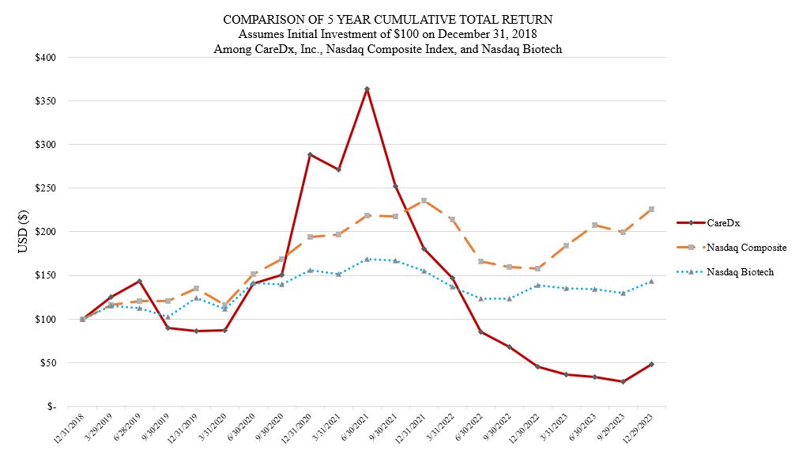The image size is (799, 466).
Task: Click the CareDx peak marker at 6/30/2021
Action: tap(367, 89)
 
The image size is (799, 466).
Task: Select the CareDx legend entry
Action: tap(723, 223)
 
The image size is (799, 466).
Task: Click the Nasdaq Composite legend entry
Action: tap(747, 248)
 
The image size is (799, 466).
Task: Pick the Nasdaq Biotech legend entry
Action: tap(741, 271)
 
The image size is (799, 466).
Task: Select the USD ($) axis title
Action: tap(23, 231)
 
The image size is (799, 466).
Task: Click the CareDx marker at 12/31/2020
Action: tap(310, 154)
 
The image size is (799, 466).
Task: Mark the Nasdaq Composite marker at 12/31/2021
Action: tap(424, 200)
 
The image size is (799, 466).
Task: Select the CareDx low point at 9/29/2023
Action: tap(623, 381)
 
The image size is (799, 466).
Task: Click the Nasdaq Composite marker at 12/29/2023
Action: tap(651, 209)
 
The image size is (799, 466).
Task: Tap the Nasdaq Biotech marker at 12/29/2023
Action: tap(651, 281)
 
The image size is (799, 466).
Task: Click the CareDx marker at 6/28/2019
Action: tap(139, 281)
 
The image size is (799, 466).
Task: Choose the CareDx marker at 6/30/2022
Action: tap(481, 332)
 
